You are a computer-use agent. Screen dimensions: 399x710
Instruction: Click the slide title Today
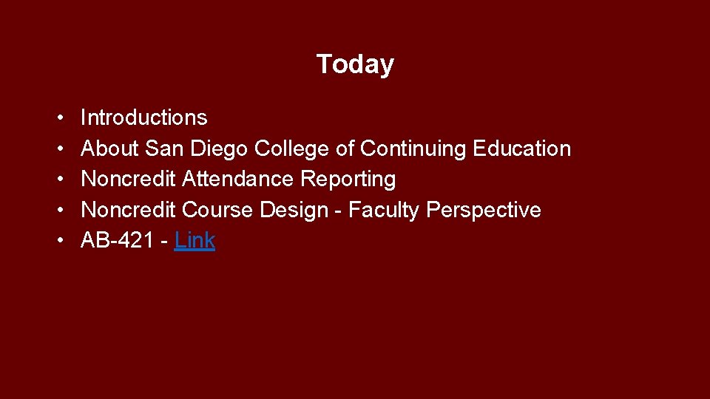tap(355, 64)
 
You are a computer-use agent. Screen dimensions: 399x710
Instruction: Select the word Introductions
tap(143, 117)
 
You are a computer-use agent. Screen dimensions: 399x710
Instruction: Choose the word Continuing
tap(412, 149)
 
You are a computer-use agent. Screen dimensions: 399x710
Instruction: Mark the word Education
tap(521, 149)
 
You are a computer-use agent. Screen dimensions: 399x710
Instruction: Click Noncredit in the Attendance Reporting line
tap(128, 179)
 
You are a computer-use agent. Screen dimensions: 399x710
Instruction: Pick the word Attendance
tap(237, 179)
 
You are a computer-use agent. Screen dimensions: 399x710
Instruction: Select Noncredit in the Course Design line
tap(128, 210)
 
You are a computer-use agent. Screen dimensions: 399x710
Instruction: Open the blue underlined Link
tap(195, 240)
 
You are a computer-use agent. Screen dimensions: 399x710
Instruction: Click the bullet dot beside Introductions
tap(58, 118)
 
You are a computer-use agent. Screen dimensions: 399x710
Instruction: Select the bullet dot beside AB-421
tap(58, 241)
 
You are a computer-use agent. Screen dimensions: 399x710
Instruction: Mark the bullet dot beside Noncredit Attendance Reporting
tap(58, 180)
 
